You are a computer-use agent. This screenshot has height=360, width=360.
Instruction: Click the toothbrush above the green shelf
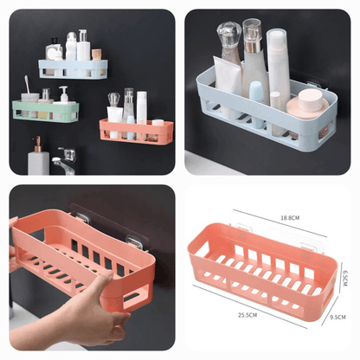click(x=28, y=87)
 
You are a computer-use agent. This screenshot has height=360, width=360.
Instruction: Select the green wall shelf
click(x=45, y=111)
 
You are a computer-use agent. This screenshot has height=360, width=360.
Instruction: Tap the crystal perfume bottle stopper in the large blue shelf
click(x=228, y=35)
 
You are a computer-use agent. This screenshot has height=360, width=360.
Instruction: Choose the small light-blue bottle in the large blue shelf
click(x=257, y=93)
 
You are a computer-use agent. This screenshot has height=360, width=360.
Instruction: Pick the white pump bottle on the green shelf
click(x=63, y=94)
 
